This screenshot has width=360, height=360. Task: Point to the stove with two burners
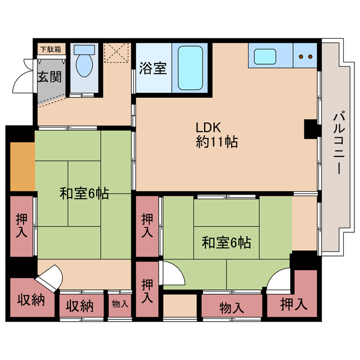coord(305,56)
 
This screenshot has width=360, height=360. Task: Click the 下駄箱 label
coord(52,49)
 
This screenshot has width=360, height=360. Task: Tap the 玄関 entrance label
coord(50,77)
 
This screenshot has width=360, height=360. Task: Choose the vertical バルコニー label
coord(338,143)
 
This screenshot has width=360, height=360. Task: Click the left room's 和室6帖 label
coord(85,195)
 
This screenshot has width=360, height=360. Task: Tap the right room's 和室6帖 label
coord(226,243)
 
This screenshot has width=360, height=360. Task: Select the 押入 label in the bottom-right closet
coord(293,305)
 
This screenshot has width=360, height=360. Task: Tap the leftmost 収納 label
coord(30,300)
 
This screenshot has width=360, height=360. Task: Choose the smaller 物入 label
coord(120,304)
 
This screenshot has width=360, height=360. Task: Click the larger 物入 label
coord(231,308)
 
